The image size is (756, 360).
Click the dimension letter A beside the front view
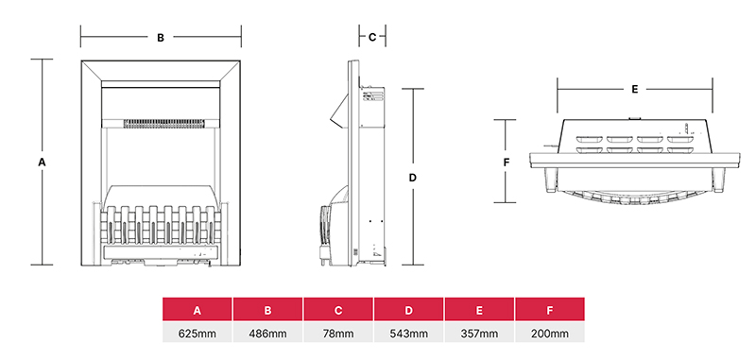42,163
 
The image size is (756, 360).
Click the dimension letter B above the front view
161,38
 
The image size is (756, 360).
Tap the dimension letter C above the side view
372,38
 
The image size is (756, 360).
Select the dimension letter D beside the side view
413,177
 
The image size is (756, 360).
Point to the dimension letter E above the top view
635,89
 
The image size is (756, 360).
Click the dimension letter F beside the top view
507,163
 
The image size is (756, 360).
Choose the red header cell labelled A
198,310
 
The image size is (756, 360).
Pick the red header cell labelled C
338,310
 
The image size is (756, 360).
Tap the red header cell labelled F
550,310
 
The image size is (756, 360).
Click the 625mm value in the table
198,334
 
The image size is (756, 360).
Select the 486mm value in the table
267,334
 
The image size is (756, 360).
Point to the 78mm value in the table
338,334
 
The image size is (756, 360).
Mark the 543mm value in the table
408,334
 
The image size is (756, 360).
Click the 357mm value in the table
479,334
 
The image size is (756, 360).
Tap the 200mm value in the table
550,334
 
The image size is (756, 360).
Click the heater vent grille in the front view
161,122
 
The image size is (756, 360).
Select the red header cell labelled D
408,310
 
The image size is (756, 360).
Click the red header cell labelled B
267,310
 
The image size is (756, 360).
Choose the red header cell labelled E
479,310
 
